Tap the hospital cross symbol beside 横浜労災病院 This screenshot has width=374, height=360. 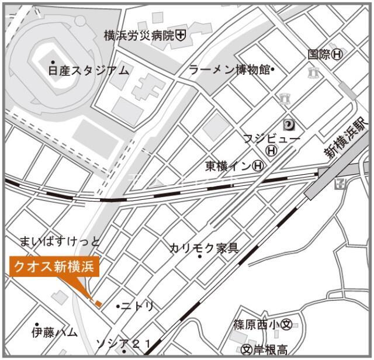(x=181, y=36)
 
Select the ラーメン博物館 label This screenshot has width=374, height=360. (x=229, y=70)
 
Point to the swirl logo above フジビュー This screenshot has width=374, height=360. (x=289, y=124)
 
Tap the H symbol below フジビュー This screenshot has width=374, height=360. (x=271, y=151)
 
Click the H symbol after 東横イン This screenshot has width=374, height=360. (x=258, y=167)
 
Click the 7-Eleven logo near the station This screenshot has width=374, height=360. (x=341, y=184)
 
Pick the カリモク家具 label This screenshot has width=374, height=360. (x=204, y=248)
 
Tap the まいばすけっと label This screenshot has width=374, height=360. (x=60, y=241)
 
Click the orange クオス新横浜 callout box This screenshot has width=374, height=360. (x=54, y=267)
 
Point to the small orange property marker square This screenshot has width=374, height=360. (x=98, y=304)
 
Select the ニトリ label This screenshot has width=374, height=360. (x=138, y=306)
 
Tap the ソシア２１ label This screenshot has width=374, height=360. (x=123, y=342)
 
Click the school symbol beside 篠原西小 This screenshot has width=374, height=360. (x=286, y=325)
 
